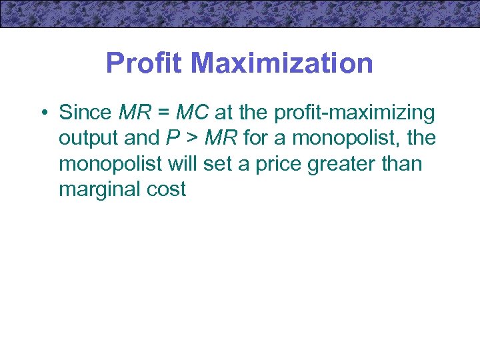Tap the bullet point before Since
coord(42,113)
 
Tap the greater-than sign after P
coord(191,139)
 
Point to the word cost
coord(167,189)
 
